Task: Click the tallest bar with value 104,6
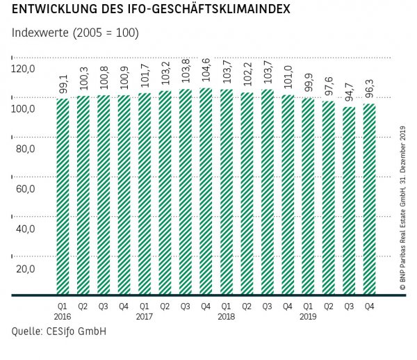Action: point(206,191)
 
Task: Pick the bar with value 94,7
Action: point(350,201)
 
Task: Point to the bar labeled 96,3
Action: point(370,199)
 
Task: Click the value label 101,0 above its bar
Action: point(288,78)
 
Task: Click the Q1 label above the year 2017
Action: point(145,304)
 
